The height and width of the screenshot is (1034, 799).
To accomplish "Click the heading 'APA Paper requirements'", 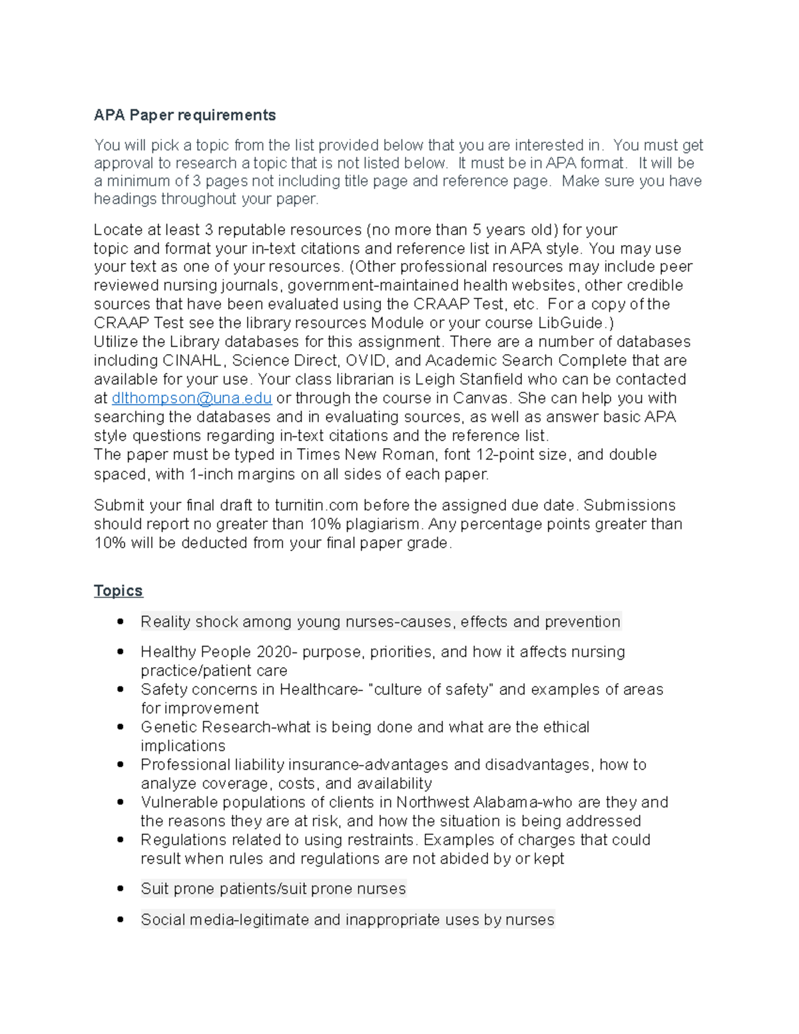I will pos(184,115).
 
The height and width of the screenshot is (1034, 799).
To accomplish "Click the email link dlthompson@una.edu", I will pos(192,398).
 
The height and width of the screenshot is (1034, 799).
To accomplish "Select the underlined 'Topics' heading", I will pos(118,591).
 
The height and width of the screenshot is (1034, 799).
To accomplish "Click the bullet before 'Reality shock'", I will pos(121,621).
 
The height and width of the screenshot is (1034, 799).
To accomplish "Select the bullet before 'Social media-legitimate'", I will pos(121,919).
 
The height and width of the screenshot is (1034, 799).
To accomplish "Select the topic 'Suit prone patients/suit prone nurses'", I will pos(273,889).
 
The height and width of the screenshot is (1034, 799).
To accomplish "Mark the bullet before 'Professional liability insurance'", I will pos(121,764).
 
